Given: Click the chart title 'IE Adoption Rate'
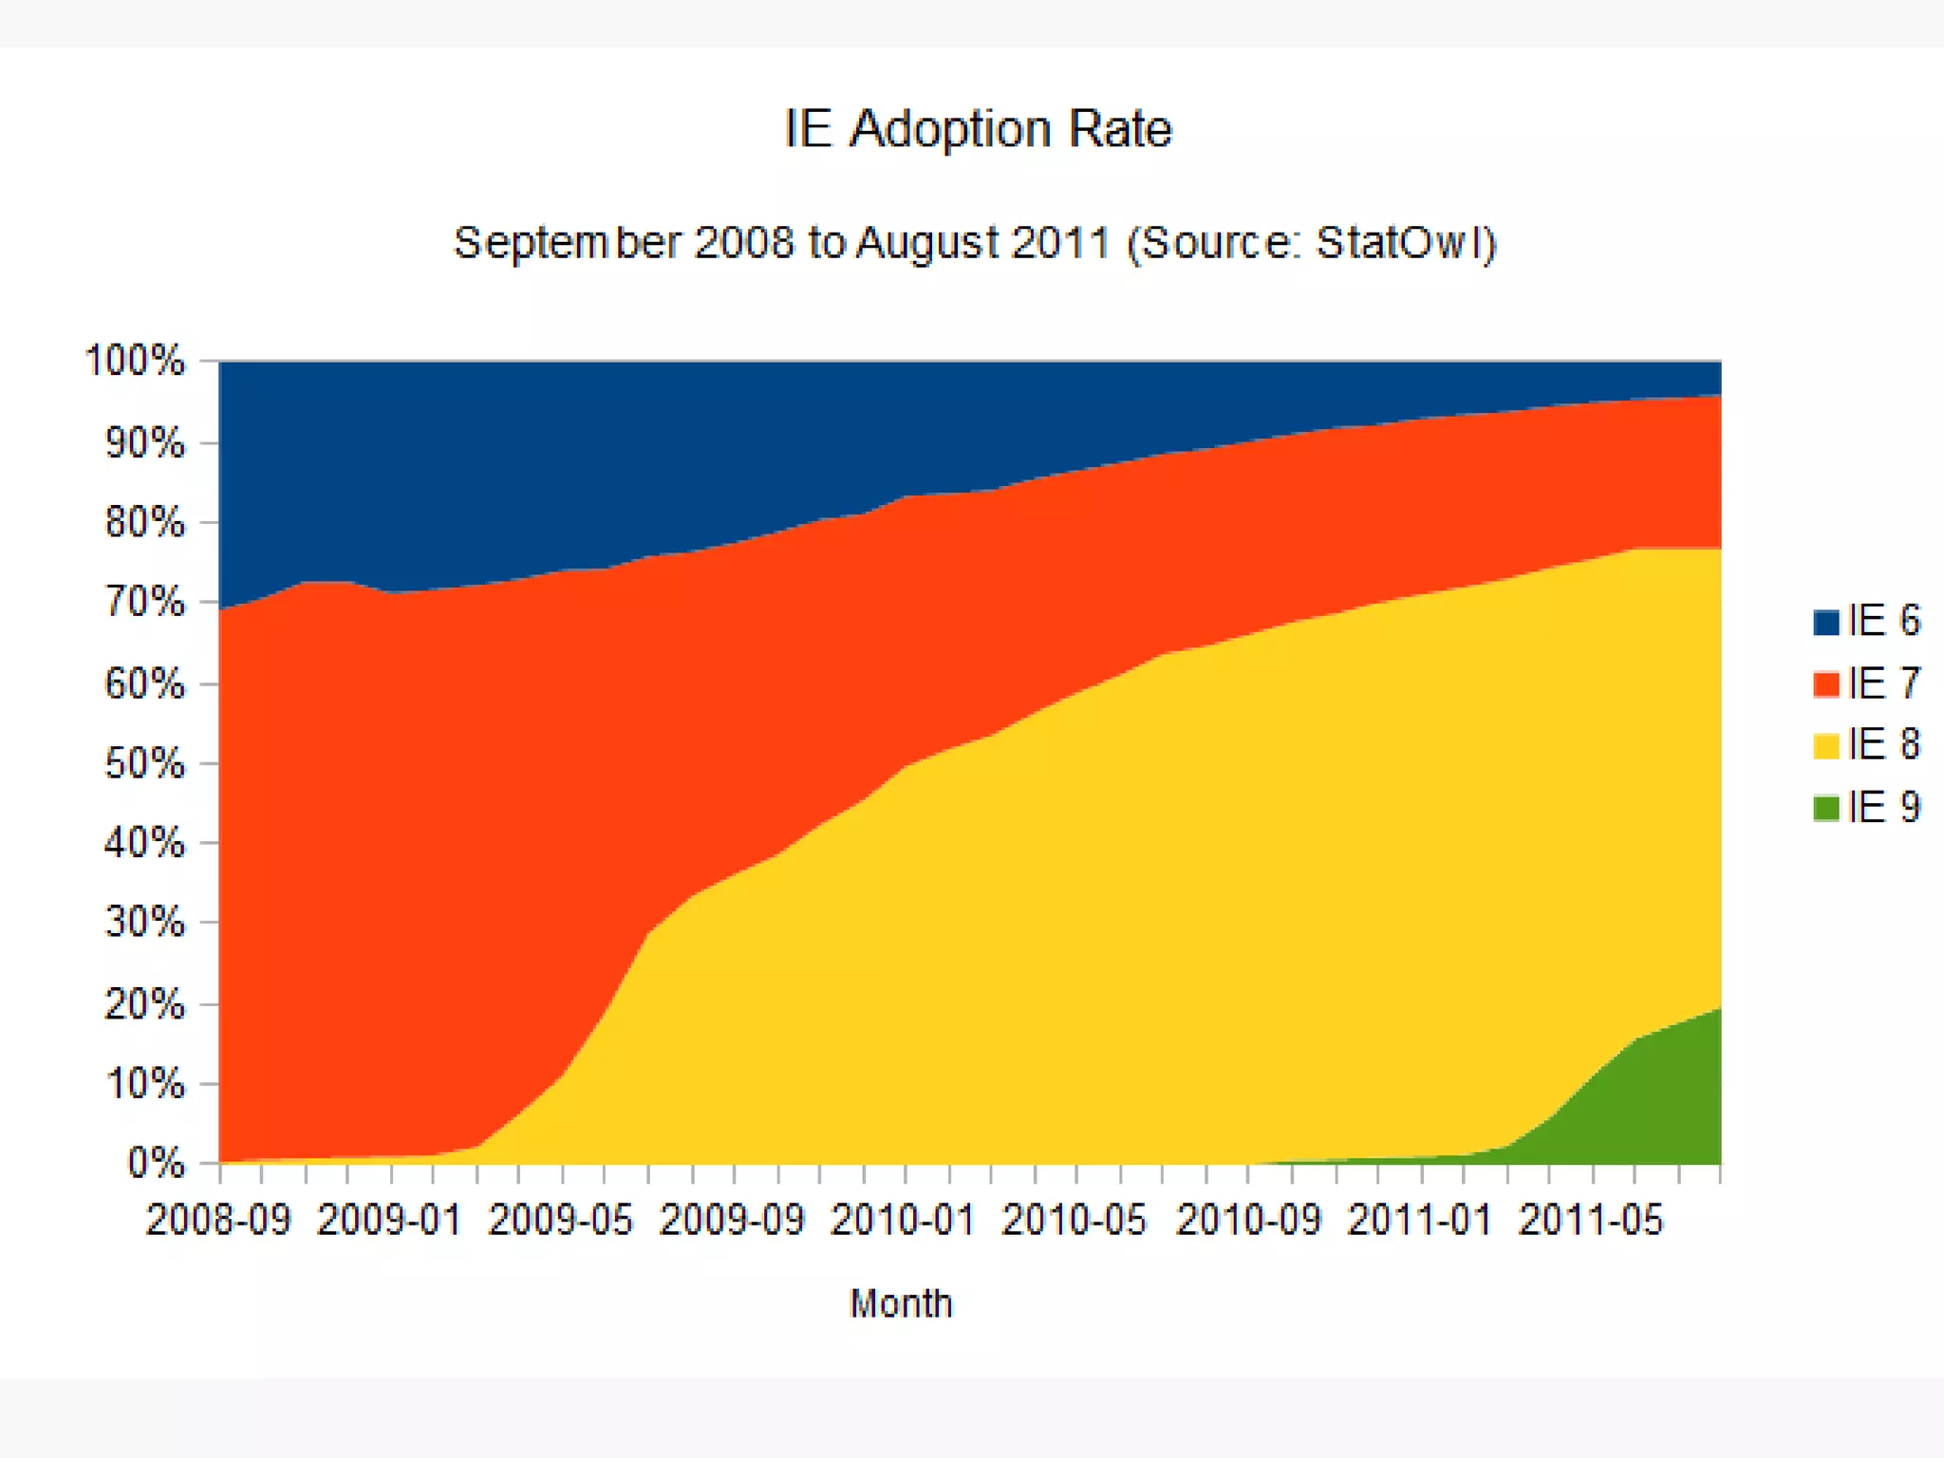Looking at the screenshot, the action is [978, 129].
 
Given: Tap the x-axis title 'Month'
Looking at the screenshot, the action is [901, 1304].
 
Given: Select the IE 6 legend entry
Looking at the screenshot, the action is [1866, 621].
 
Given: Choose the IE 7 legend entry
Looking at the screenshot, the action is [1866, 683].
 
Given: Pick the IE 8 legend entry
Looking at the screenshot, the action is [1866, 745].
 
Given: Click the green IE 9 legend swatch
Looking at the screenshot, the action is [1826, 808].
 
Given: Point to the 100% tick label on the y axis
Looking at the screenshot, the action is [135, 362].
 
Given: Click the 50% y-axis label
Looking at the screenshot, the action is [144, 764].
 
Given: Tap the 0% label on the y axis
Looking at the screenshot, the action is [156, 1164].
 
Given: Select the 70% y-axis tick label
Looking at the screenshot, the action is [144, 603].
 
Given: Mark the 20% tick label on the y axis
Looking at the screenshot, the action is [144, 1004].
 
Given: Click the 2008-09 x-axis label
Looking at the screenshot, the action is [218, 1221].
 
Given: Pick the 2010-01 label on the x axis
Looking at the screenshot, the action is [903, 1221].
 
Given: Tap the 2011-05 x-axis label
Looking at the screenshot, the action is [1591, 1221].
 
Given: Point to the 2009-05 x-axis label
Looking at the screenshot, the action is [560, 1221].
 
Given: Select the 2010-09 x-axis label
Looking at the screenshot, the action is [1248, 1221].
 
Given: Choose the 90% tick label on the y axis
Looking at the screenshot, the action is [144, 443].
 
